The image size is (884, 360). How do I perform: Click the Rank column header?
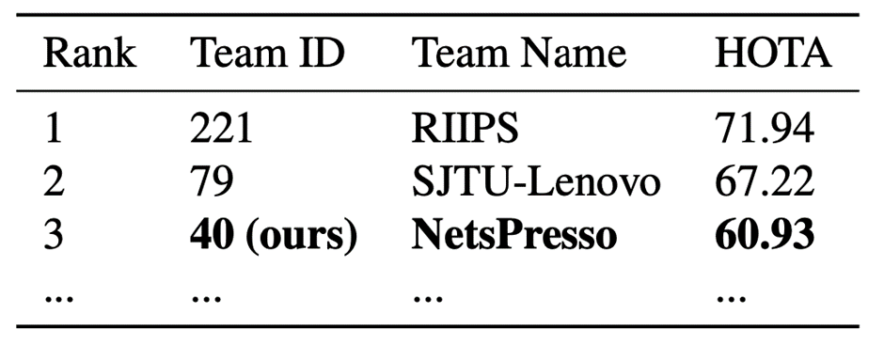pyautogui.click(x=89, y=55)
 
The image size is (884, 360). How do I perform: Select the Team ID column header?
pyautogui.click(x=267, y=55)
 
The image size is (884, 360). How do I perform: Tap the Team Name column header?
pyautogui.click(x=519, y=55)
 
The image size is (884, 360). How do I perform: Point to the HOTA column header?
pyautogui.click(x=773, y=55)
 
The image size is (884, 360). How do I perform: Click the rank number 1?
pyautogui.click(x=53, y=129)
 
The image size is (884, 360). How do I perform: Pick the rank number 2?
pyautogui.click(x=54, y=182)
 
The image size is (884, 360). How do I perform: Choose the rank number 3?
pyautogui.click(x=54, y=235)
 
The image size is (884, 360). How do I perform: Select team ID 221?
pyautogui.click(x=221, y=129)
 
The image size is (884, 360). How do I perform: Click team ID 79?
pyautogui.click(x=212, y=182)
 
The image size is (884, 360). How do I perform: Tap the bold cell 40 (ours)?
pyautogui.click(x=274, y=236)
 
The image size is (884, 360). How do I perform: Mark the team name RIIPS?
pyautogui.click(x=466, y=129)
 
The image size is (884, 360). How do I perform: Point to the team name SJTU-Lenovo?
pyautogui.click(x=536, y=182)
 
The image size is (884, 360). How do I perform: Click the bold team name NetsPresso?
pyautogui.click(x=514, y=235)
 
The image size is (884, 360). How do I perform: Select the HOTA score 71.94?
pyautogui.click(x=765, y=129)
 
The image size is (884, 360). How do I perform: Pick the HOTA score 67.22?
pyautogui.click(x=765, y=182)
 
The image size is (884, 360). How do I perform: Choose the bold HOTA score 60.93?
pyautogui.click(x=765, y=235)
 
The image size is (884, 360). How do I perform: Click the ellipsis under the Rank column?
pyautogui.click(x=58, y=297)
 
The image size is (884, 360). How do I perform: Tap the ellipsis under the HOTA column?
pyautogui.click(x=731, y=297)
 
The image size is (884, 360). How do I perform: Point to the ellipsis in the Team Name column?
pyautogui.click(x=428, y=297)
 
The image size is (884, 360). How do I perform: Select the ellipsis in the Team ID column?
pyautogui.click(x=206, y=297)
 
